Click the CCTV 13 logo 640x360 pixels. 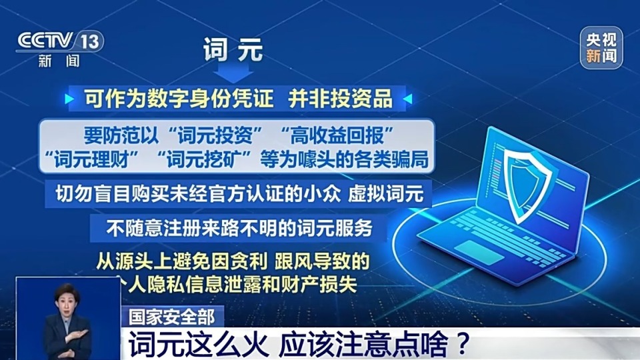[x=59, y=41]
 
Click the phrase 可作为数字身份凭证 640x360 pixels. [x=179, y=99]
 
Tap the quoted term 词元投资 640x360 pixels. [x=214, y=135]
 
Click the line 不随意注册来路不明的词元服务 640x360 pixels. [x=238, y=227]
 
